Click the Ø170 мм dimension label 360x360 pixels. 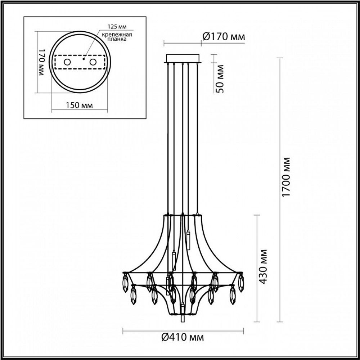click(x=223, y=36)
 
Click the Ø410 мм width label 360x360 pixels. click(x=183, y=337)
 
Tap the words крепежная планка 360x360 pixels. click(x=116, y=37)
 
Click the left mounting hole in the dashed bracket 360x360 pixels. click(x=67, y=62)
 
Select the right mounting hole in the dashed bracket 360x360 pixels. click(x=93, y=62)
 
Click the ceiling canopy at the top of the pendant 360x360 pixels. click(x=183, y=58)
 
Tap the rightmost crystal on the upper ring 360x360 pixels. click(x=240, y=283)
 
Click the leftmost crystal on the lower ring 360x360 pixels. click(x=134, y=295)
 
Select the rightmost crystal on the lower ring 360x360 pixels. click(x=233, y=295)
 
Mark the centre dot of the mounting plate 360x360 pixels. click(x=83, y=57)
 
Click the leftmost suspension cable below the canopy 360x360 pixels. click(x=167, y=137)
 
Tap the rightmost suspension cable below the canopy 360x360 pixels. click(x=198, y=137)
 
